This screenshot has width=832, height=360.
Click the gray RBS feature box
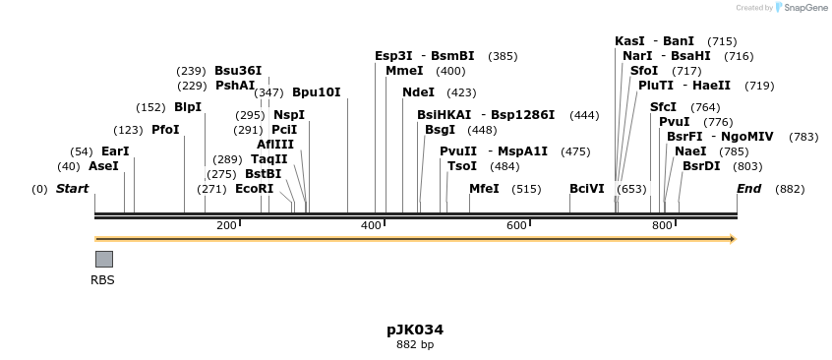click(103, 259)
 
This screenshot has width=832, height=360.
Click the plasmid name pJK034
click(415, 330)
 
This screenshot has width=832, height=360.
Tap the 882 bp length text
click(415, 344)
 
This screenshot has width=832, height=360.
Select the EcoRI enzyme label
click(254, 189)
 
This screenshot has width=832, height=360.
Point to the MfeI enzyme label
click(484, 189)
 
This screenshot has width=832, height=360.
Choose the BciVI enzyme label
click(587, 189)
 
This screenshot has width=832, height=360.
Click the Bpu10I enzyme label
click(316, 92)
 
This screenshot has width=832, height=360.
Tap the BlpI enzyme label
click(187, 107)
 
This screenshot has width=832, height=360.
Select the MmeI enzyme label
click(404, 71)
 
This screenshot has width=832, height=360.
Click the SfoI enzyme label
click(644, 71)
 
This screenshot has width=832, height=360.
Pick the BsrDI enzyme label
click(701, 166)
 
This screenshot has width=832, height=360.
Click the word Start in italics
click(72, 189)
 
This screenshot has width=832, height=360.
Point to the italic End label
click(749, 189)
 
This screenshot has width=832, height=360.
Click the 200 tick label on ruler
click(227, 226)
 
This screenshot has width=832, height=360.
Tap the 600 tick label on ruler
click(517, 226)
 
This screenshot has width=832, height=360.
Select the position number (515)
click(526, 189)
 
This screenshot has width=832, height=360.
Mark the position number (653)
click(631, 189)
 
